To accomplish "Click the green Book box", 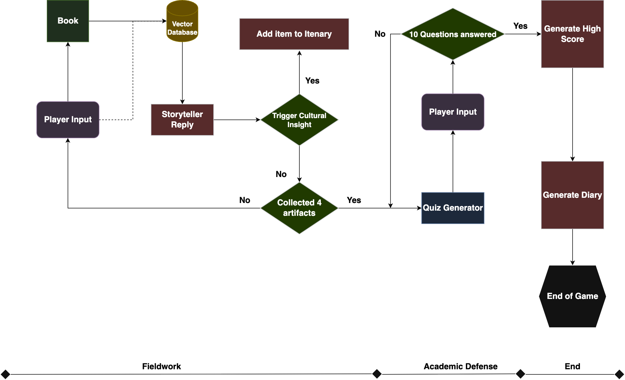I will coord(68,21).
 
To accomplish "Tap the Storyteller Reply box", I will coord(182,120).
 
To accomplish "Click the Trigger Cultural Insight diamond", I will coord(299,120).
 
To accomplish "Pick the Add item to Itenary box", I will coord(294,34).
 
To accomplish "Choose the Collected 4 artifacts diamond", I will coord(299,208).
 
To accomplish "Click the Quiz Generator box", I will coord(453,208).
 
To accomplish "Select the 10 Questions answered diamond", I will coord(453,34).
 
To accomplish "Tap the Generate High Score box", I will coord(572,34).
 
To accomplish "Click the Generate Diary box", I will coord(572,195).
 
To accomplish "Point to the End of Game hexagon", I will coord(572,296).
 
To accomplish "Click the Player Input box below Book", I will coord(68,120).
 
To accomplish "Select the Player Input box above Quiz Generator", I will coord(453,112).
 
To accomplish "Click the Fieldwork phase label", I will coord(161,366).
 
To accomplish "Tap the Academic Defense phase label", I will coord(460,366).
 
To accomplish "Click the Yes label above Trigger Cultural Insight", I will coord(312,81).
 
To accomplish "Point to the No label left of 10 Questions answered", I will coord(380,34).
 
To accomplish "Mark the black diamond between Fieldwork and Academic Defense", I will coord(377,374).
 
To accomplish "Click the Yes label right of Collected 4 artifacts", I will coord(354,200).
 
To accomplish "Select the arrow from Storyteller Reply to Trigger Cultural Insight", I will coord(237,120).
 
